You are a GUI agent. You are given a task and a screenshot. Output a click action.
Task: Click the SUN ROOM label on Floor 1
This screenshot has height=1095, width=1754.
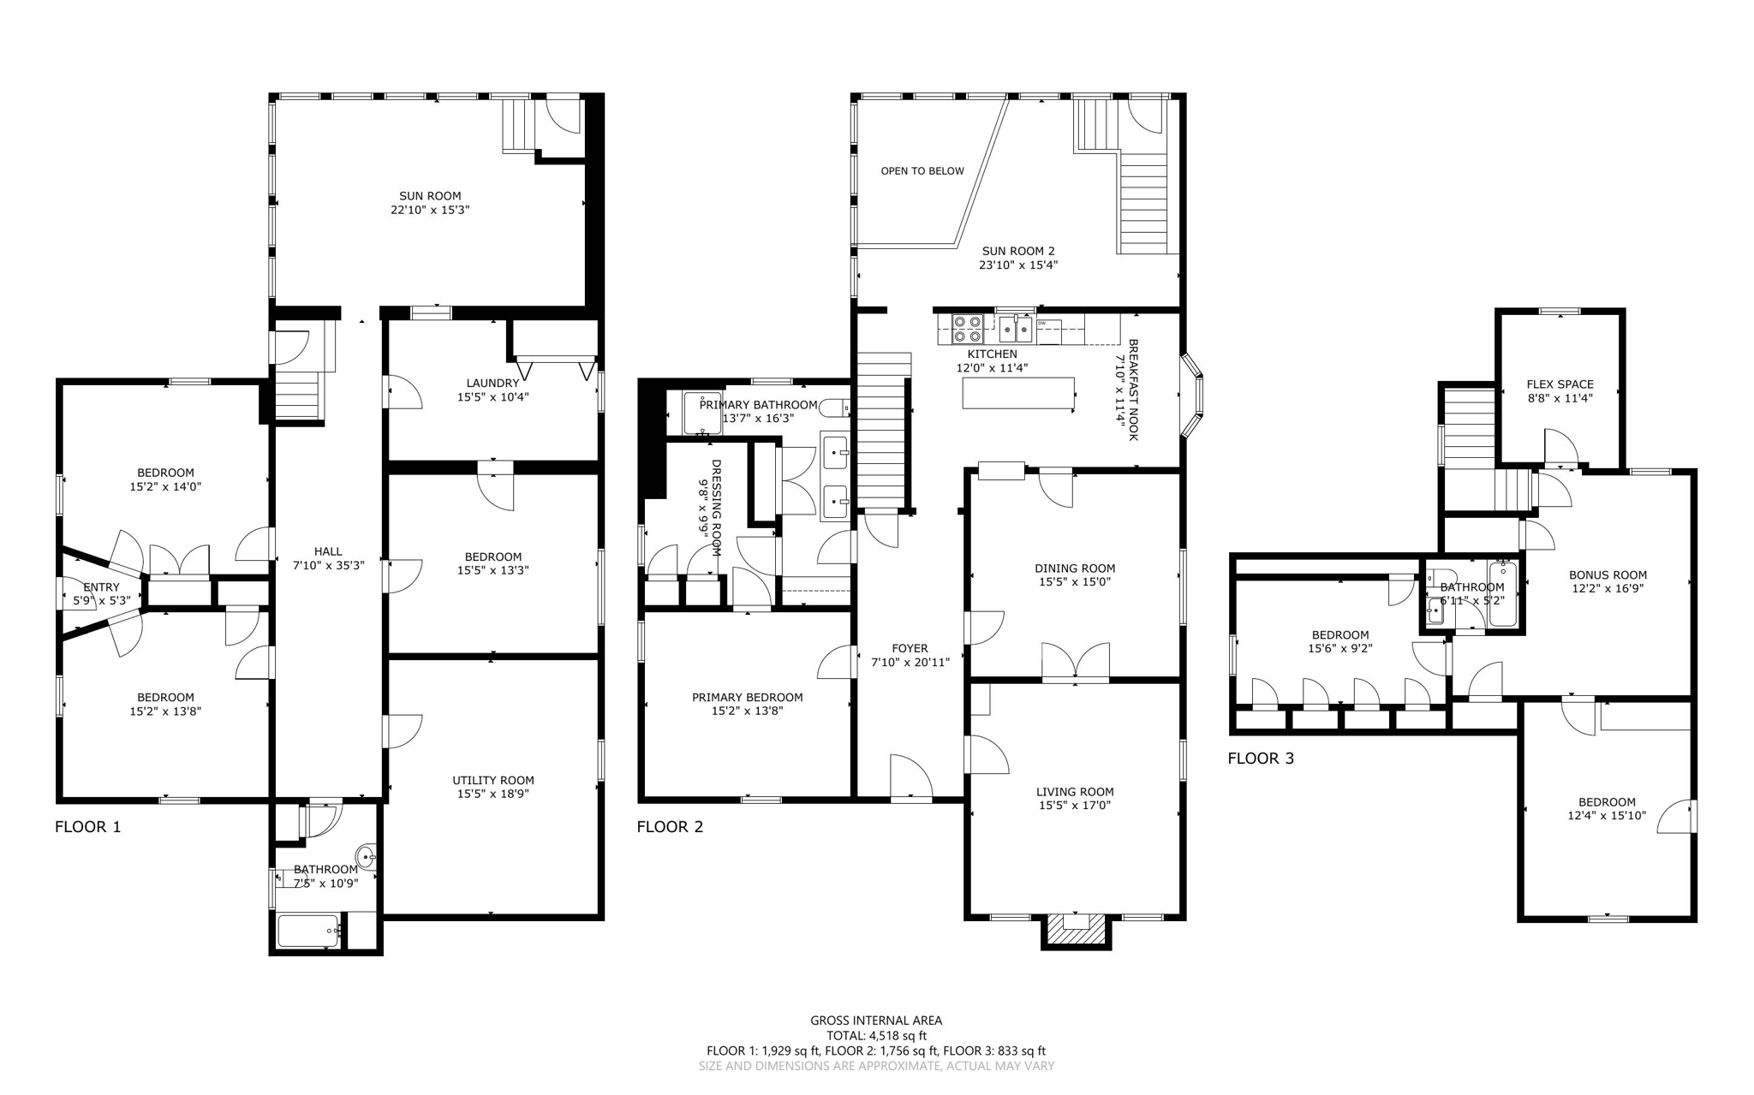coord(430,196)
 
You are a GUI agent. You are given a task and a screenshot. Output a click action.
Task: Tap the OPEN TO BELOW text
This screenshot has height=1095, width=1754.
coord(922,171)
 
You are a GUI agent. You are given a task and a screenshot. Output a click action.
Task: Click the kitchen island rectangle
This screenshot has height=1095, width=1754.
coord(1018,393)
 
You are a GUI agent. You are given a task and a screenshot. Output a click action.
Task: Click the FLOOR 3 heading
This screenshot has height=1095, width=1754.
coord(1261,759)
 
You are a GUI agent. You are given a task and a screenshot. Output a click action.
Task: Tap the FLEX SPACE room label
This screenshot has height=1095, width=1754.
coord(1560,384)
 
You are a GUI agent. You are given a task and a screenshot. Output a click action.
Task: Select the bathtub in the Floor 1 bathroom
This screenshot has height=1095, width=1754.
coord(309,931)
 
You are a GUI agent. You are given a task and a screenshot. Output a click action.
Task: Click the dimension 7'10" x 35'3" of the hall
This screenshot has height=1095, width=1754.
coord(328,566)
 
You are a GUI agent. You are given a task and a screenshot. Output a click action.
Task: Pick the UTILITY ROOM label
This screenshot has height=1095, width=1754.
coord(493,780)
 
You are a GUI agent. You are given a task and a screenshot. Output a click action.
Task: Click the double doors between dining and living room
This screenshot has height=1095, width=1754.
coord(1076,663)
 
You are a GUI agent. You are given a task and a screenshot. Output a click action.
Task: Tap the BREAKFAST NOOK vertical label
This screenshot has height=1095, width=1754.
coord(1133,390)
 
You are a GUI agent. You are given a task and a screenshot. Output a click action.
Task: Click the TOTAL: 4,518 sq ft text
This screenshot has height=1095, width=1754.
coord(876,1036)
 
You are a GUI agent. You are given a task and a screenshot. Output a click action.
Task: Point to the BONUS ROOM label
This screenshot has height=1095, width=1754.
coord(1608,575)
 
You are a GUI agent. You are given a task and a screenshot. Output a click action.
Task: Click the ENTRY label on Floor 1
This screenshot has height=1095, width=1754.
coord(102,587)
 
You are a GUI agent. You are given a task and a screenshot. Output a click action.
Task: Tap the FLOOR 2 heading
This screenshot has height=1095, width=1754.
coord(670,827)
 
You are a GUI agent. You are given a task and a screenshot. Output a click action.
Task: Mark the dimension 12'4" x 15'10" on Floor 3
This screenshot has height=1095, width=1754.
coord(1607,816)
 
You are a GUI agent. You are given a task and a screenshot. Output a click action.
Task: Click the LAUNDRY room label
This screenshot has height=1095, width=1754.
coord(492,383)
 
